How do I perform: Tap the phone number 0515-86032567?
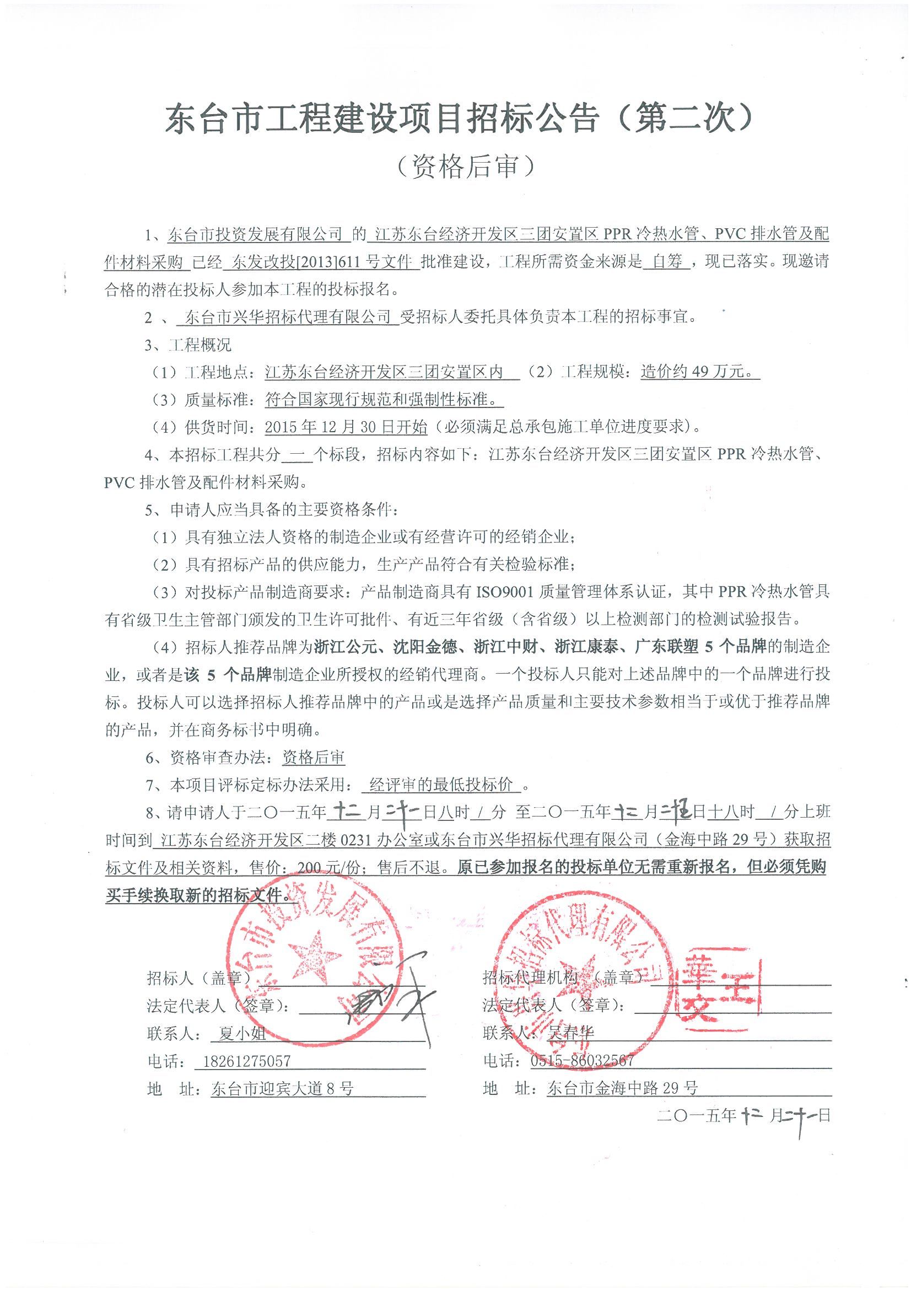[x=582, y=1060]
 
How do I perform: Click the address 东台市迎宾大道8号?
[x=282, y=1088]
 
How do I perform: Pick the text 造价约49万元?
[x=699, y=372]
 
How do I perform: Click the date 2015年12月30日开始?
[x=346, y=427]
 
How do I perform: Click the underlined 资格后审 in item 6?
[x=313, y=758]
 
